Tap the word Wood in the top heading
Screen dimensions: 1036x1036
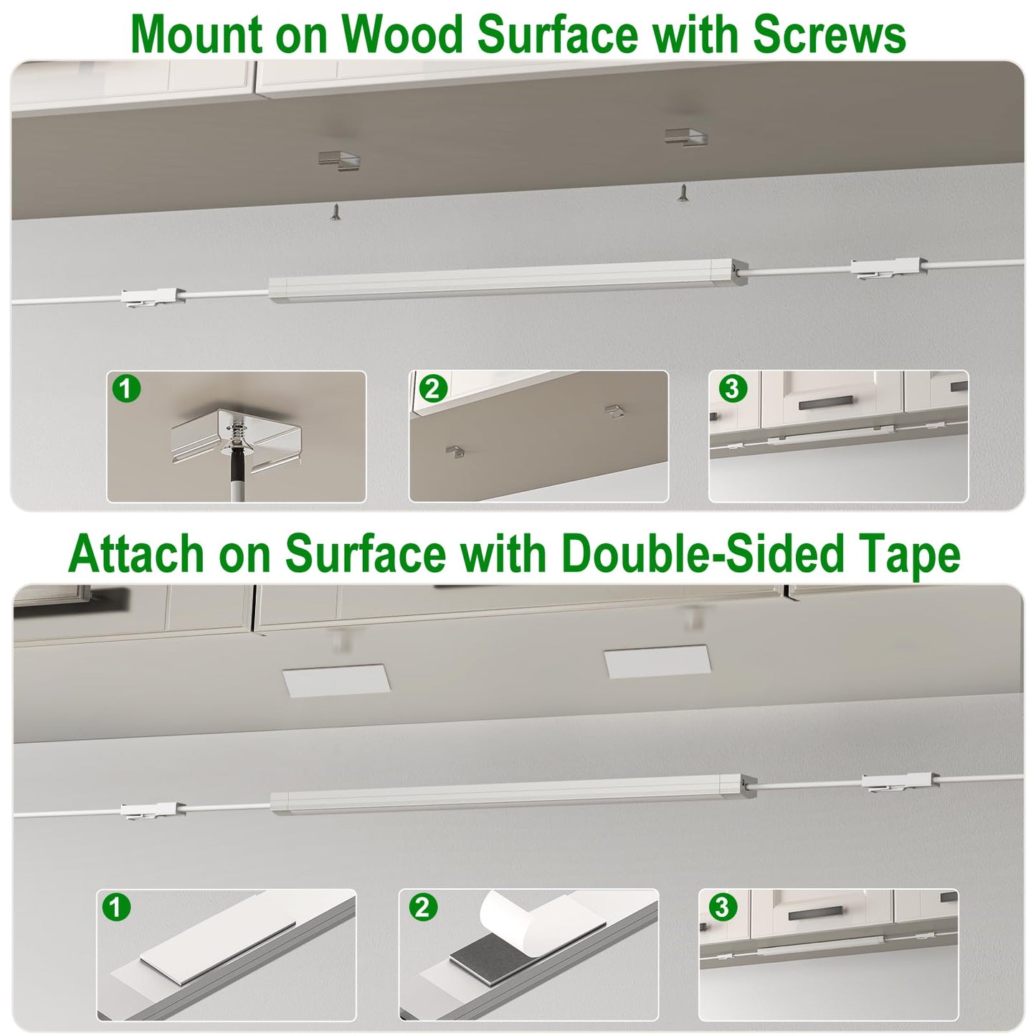tap(403, 35)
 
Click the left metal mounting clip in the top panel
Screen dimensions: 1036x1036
tap(338, 159)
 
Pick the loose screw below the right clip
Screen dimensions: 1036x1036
tap(683, 192)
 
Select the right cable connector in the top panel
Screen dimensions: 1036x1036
tap(888, 267)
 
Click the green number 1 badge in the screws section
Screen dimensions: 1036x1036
tap(126, 388)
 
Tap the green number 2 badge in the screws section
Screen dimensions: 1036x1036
tap(432, 388)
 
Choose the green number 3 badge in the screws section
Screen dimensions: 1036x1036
tap(732, 388)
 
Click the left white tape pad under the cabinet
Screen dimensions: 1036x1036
tap(336, 681)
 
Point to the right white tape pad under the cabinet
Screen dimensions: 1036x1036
tap(657, 661)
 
